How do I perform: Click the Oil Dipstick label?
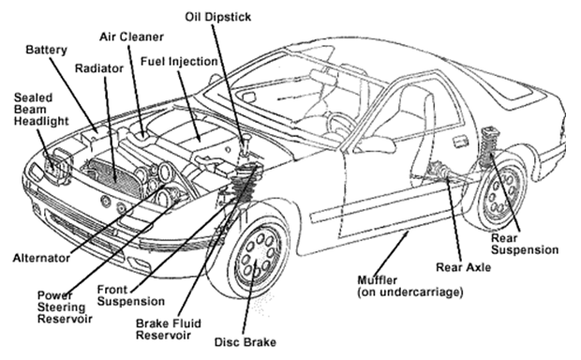pyautogui.click(x=217, y=17)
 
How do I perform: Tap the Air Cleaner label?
pyautogui.click(x=131, y=37)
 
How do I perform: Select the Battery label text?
pyautogui.click(x=46, y=50)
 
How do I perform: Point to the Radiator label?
pyautogui.click(x=99, y=68)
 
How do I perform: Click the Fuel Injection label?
pyautogui.click(x=179, y=62)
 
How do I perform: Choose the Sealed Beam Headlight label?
pyautogui.click(x=41, y=110)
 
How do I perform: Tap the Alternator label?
pyautogui.click(x=41, y=258)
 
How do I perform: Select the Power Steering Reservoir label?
pyautogui.click(x=65, y=307)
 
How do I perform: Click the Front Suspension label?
pyautogui.click(x=131, y=295)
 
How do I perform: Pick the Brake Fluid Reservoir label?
pyautogui.click(x=169, y=329)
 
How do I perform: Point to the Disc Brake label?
pyautogui.click(x=246, y=342)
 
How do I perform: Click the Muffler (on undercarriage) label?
pyautogui.click(x=410, y=286)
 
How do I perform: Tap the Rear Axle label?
pyautogui.click(x=463, y=267)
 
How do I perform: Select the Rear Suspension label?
pyautogui.click(x=525, y=244)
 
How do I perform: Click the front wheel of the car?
pyautogui.click(x=257, y=256)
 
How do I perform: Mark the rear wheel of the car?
pyautogui.click(x=502, y=193)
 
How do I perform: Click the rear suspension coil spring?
pyautogui.click(x=490, y=147)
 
